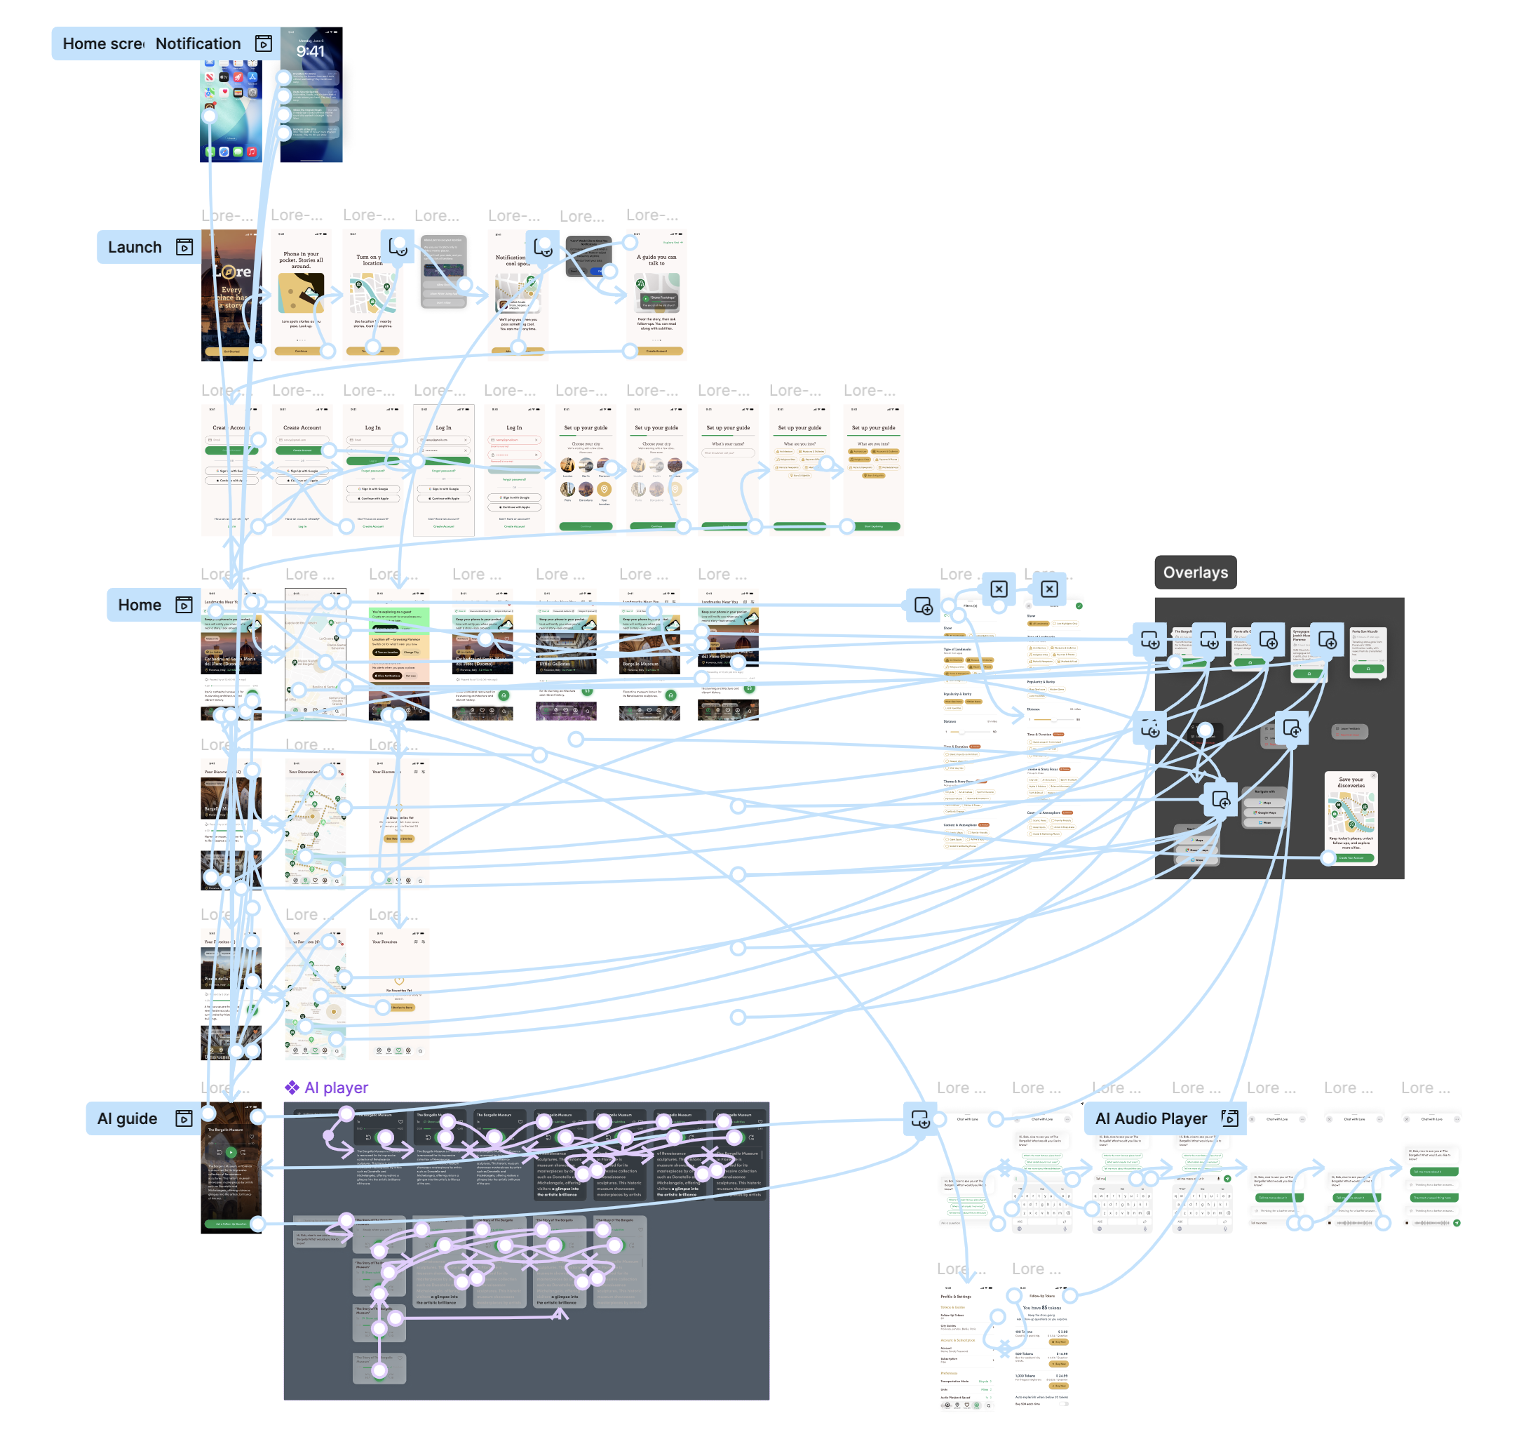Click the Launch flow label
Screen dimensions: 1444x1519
(135, 247)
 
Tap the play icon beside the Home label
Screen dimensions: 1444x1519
(184, 605)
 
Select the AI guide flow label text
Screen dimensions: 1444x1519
(127, 1118)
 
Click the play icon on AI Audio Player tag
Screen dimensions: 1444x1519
(1229, 1118)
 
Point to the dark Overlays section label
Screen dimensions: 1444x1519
(1195, 573)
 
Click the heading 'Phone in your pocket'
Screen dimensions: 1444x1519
(301, 260)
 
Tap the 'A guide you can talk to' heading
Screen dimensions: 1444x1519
(656, 260)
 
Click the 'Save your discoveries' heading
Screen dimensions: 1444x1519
(1351, 782)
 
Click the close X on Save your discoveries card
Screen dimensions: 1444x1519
(1374, 775)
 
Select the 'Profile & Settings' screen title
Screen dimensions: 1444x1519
(956, 1296)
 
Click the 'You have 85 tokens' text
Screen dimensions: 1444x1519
(1041, 1308)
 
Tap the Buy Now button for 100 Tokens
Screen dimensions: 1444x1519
(1060, 1342)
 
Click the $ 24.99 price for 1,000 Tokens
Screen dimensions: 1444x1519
(1061, 1375)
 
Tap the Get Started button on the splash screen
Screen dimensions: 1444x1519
(231, 352)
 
